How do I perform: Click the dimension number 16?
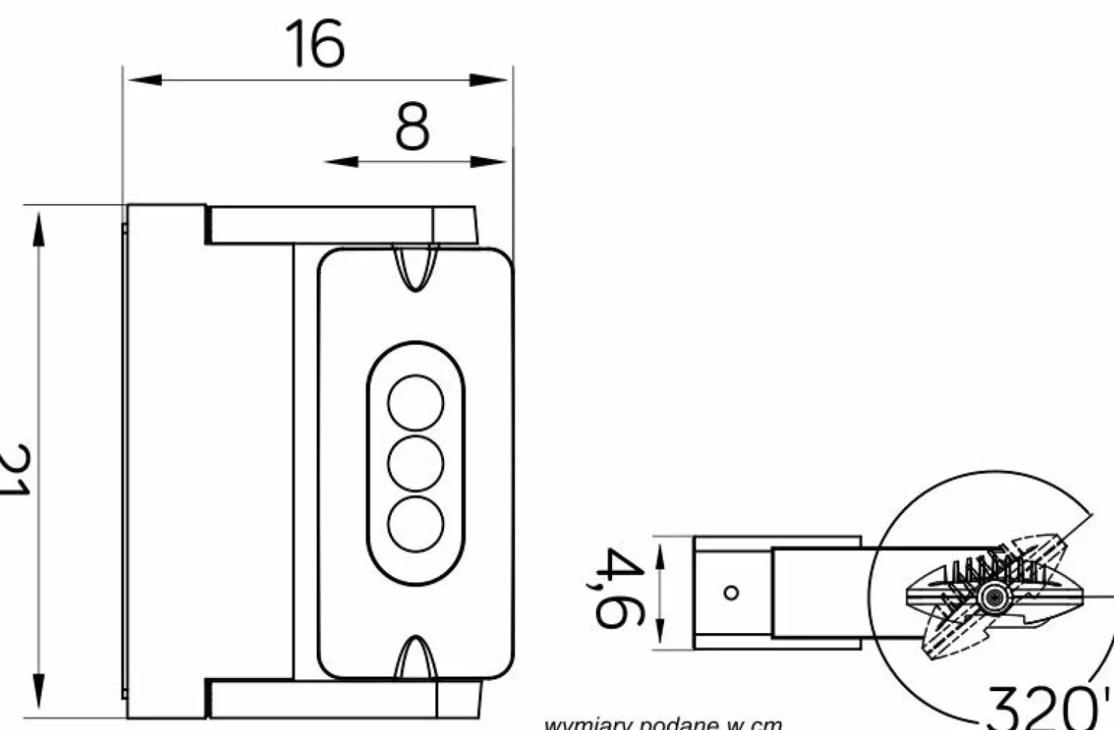click(x=315, y=44)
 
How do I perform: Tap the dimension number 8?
click(x=412, y=127)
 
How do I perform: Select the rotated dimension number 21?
click(x=14, y=470)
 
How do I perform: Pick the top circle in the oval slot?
click(x=415, y=403)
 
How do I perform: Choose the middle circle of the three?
click(x=415, y=463)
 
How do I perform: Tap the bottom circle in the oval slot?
click(x=415, y=524)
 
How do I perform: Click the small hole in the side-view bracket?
click(x=731, y=593)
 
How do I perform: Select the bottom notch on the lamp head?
click(x=415, y=658)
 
